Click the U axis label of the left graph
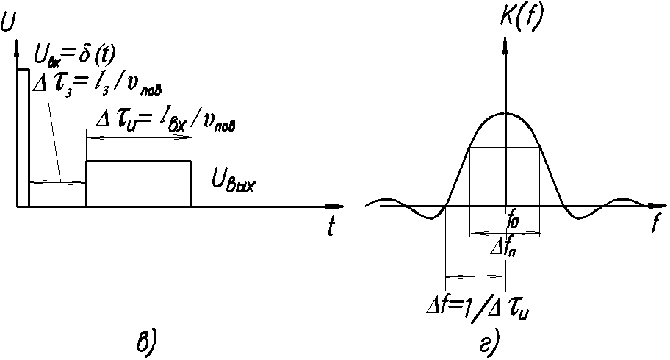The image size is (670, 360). [9, 23]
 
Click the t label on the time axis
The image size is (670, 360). [333, 228]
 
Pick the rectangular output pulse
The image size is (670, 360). [138, 184]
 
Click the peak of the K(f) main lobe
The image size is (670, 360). [505, 113]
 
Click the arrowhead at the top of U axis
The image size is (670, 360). [16, 48]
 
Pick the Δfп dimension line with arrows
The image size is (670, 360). [505, 234]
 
